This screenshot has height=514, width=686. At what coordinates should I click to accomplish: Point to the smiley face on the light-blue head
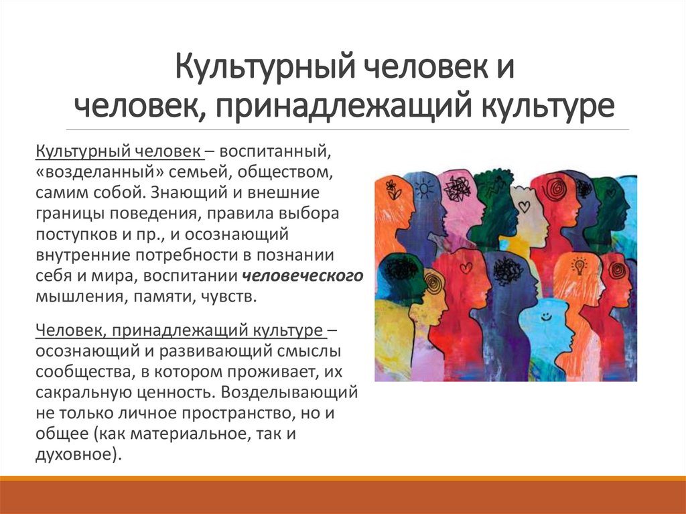coord(546,314)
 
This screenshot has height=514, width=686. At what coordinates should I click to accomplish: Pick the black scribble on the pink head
coord(457,188)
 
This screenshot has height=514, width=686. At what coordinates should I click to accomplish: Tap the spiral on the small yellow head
coord(432,282)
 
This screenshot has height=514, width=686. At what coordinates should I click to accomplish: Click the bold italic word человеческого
coord(303,276)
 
